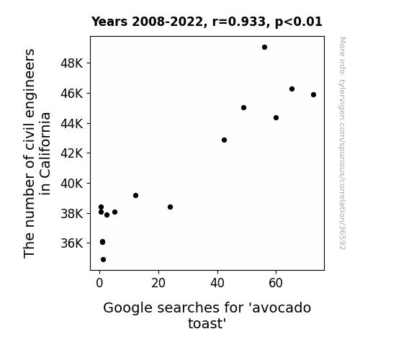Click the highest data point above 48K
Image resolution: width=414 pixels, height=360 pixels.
tap(264, 48)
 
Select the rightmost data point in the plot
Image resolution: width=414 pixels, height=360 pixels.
tap(313, 95)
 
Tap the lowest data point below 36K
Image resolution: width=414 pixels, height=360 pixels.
tap(103, 260)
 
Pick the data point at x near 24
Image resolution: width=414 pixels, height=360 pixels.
tap(171, 207)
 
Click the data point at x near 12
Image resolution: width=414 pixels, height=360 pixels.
tap(135, 195)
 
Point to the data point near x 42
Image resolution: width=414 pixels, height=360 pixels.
tap(224, 140)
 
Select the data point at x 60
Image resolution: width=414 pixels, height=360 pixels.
tap(276, 118)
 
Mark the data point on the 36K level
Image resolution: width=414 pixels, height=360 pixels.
tap(102, 242)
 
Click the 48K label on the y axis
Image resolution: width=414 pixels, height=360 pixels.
tap(71, 63)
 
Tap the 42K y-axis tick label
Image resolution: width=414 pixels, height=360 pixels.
tap(71, 153)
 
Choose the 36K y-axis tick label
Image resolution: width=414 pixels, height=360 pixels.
tap(71, 243)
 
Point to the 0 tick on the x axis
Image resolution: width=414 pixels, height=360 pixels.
tap(99, 283)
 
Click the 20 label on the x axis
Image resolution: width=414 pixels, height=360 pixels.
tap(158, 283)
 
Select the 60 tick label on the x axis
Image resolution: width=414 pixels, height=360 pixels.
tap(276, 283)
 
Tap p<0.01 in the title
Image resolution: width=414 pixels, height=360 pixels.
tap(299, 22)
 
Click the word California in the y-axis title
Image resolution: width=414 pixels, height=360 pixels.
tap(45, 153)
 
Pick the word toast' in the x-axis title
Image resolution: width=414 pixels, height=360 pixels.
tap(207, 323)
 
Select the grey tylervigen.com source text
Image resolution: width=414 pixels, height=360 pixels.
tap(342, 143)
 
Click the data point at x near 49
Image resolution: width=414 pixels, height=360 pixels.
tap(243, 108)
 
